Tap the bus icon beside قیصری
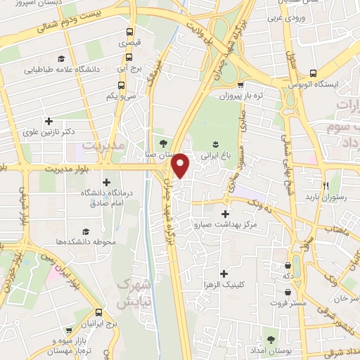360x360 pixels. click(x=130, y=32)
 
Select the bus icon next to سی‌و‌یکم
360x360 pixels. click(x=122, y=86)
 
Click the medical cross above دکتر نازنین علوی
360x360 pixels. click(x=49, y=121)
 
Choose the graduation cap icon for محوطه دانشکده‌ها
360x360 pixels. click(x=86, y=231)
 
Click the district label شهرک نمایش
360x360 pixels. click(x=132, y=293)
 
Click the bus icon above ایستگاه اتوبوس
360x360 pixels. click(x=312, y=73)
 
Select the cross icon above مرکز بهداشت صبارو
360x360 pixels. click(x=225, y=214)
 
